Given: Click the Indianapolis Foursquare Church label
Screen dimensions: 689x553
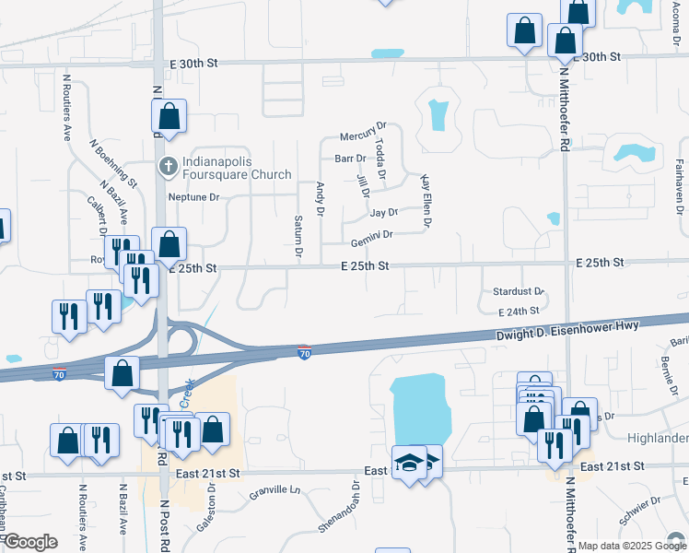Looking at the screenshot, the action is pyautogui.click(x=236, y=168).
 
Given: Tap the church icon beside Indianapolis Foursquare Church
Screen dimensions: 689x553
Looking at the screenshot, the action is pyautogui.click(x=168, y=167).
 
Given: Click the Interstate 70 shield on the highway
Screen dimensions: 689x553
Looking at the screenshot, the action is pyautogui.click(x=304, y=352).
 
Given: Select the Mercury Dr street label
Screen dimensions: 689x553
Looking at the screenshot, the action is pyautogui.click(x=363, y=136).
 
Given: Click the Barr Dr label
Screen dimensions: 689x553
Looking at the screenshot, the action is pyautogui.click(x=350, y=159).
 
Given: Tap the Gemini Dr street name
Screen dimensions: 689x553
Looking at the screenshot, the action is pyautogui.click(x=371, y=237).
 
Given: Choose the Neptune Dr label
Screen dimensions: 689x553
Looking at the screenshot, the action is pyautogui.click(x=193, y=197).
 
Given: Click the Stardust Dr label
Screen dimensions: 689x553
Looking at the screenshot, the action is pyautogui.click(x=519, y=291).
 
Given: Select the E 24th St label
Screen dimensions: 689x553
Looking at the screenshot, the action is pyautogui.click(x=521, y=312).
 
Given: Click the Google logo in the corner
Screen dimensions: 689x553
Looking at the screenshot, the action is pyautogui.click(x=30, y=542).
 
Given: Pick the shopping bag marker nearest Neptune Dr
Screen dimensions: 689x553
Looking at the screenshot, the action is pyautogui.click(x=169, y=245).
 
